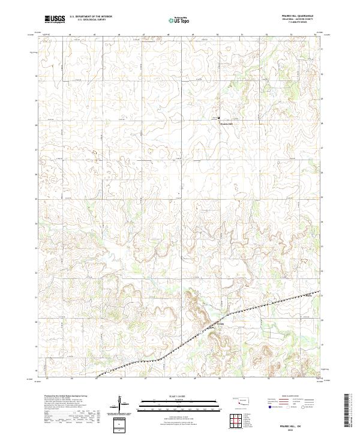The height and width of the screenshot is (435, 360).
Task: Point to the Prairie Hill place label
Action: click(x=221, y=124)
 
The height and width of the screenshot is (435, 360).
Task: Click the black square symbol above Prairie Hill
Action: click(x=218, y=118)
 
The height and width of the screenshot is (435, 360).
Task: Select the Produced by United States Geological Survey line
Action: click(x=66, y=396)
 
